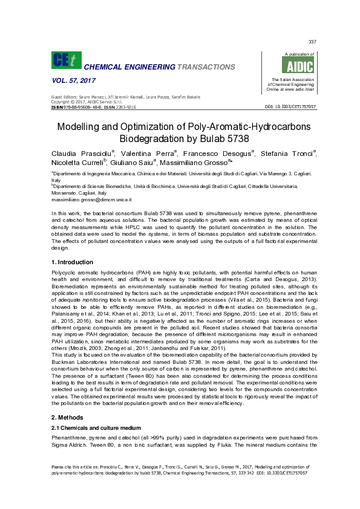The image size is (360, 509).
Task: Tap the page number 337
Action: click(x=312, y=41)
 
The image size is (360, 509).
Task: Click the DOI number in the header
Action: click(x=290, y=107)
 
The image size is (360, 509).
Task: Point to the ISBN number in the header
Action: click(x=83, y=106)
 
